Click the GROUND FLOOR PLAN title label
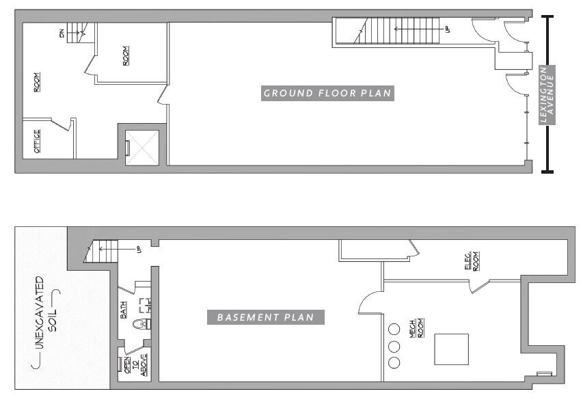pos(327,93)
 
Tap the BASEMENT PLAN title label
pos(265,317)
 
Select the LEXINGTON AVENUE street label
pos(547,95)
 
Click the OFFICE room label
pos(38,141)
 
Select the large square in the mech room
pos(452,350)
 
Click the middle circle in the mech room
pos(394,345)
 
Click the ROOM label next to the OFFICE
pos(37,82)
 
